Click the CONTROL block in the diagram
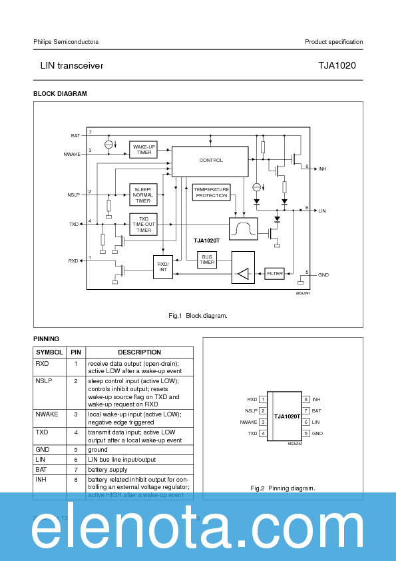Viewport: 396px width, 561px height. point(211,161)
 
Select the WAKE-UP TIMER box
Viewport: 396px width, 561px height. point(144,150)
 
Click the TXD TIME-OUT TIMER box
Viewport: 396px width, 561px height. point(143,224)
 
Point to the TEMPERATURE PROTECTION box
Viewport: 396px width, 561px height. point(211,192)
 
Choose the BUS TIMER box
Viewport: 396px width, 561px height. point(207,260)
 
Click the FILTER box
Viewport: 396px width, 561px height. point(274,273)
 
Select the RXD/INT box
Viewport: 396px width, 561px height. point(162,267)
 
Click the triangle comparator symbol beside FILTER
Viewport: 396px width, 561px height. point(243,273)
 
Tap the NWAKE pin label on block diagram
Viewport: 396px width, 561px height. point(71,154)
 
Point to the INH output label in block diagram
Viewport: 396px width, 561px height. point(322,169)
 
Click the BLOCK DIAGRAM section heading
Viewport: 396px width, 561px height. point(60,94)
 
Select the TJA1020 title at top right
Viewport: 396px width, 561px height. point(341,66)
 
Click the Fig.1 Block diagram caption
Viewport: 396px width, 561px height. point(198,316)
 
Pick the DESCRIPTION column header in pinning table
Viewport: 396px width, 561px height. point(139,352)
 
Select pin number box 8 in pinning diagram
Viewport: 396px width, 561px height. point(305,399)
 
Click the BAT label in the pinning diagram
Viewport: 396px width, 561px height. point(316,411)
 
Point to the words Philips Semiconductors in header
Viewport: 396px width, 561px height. point(66,42)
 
